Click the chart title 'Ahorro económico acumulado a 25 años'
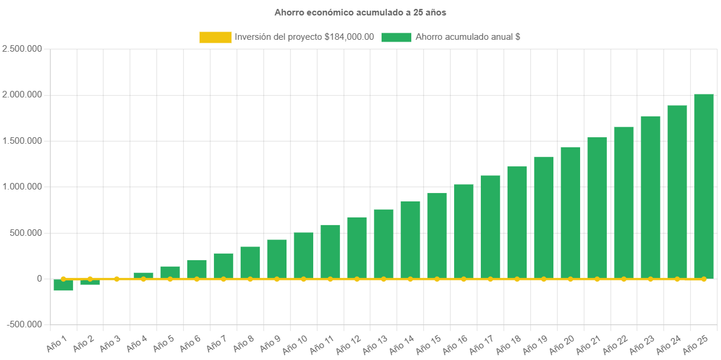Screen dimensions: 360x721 (x=360, y=12)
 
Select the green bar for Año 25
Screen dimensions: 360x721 (x=704, y=185)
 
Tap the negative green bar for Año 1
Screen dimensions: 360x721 (x=63, y=285)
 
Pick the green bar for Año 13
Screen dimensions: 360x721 (x=383, y=244)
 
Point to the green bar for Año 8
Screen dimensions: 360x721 (x=250, y=262)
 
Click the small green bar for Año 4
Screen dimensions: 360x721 (x=143, y=275)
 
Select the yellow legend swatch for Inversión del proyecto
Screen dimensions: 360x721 (x=215, y=37)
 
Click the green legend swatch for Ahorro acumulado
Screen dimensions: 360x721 (x=396, y=37)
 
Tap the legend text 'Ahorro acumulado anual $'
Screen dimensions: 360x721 (x=468, y=37)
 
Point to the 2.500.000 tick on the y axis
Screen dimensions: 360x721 (x=22, y=49)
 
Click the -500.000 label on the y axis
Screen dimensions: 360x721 (x=24, y=324)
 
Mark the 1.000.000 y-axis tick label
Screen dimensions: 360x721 (x=22, y=187)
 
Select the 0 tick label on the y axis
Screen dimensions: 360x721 (x=39, y=279)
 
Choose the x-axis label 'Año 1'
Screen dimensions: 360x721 (x=56, y=342)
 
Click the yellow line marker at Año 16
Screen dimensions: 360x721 (x=464, y=279)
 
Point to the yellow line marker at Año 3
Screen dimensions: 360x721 (x=117, y=279)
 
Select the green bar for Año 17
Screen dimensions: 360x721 (x=490, y=226)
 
